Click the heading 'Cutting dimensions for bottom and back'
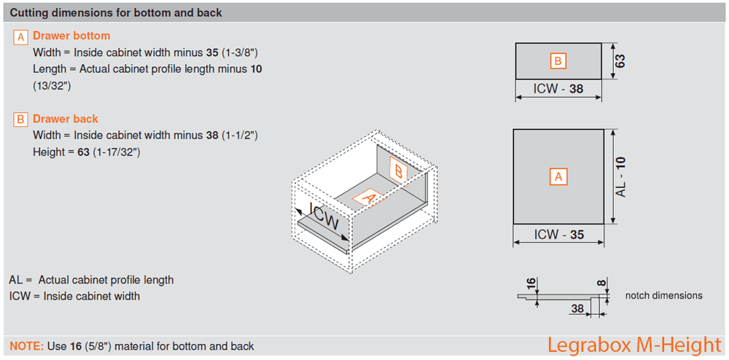point(117,13)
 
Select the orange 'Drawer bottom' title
point(71,36)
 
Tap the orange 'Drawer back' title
point(66,119)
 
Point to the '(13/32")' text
point(53,85)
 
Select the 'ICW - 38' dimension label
point(558,90)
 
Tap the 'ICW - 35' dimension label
point(558,235)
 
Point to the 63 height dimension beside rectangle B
point(620,61)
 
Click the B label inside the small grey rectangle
point(558,61)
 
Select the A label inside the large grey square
point(558,176)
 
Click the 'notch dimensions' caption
point(663,296)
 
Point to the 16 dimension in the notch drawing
point(530,283)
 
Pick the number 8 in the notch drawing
point(601,282)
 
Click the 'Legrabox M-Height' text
point(634,344)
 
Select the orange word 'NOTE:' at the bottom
point(27,346)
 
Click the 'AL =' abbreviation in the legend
point(20,280)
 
